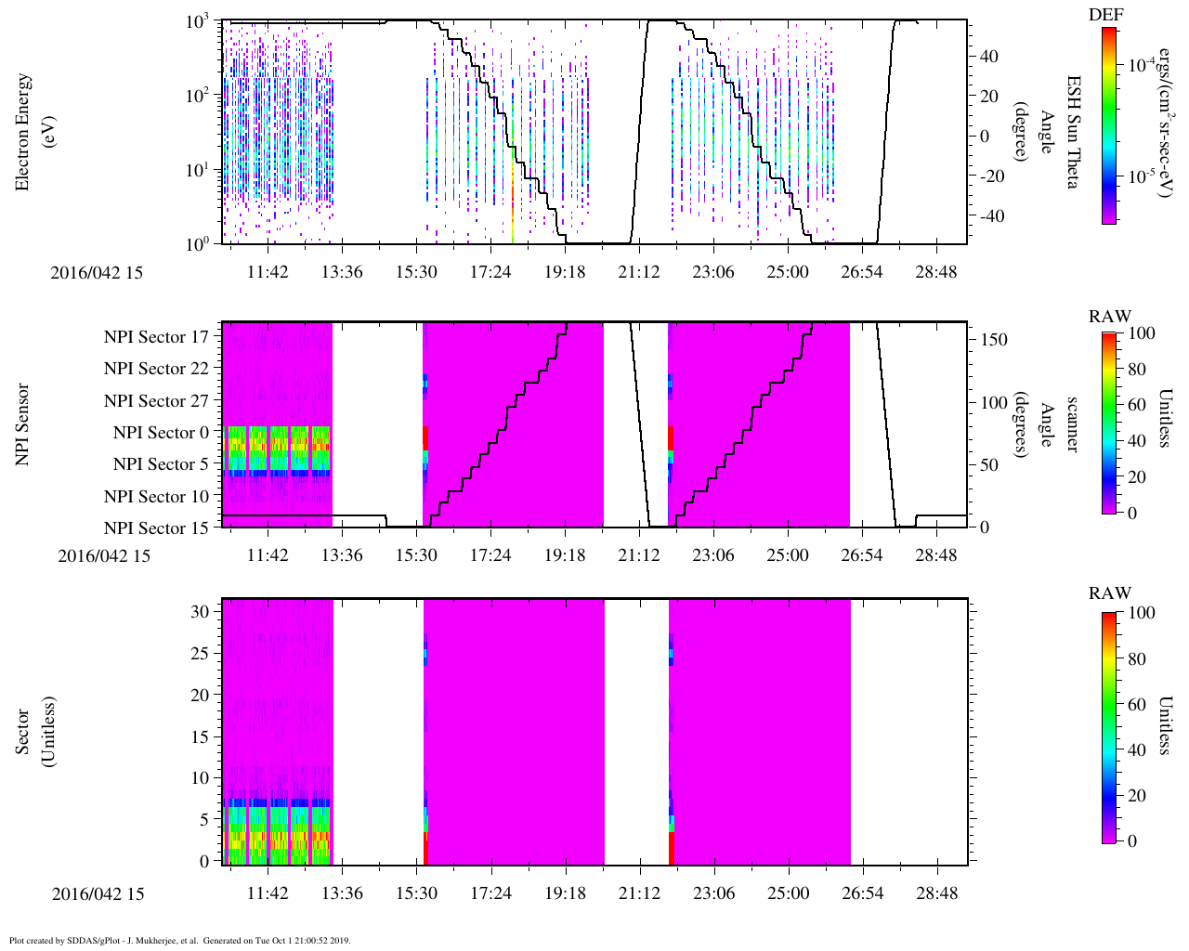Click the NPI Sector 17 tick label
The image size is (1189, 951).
click(157, 337)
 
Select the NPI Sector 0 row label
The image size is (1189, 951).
click(162, 433)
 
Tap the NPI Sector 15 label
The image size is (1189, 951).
click(157, 528)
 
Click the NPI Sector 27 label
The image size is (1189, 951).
click(157, 401)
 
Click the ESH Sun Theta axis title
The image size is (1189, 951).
click(1071, 132)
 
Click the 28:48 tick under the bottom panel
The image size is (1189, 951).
click(936, 893)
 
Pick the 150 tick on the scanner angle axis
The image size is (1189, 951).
click(995, 340)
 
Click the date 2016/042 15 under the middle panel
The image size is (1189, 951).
click(104, 556)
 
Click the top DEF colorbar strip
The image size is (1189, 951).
click(1109, 125)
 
